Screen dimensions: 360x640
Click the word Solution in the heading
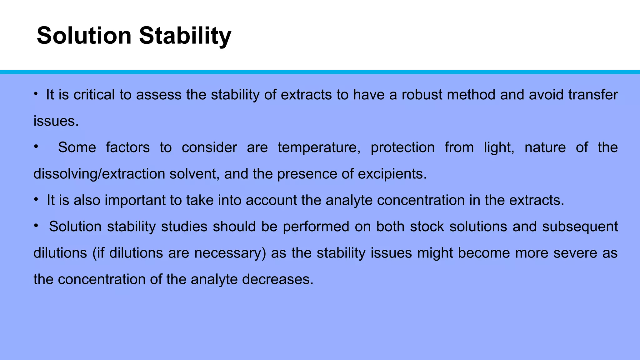84,36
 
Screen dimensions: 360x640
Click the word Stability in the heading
185,36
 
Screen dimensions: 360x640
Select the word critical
94,95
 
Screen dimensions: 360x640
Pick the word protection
402,147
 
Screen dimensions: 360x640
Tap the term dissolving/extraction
99,174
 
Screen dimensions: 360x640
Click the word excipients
392,174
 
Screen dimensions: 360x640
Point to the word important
135,200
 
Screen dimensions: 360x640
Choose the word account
271,200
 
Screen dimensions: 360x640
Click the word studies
184,227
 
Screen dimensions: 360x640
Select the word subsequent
580,227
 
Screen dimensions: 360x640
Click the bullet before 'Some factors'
36,146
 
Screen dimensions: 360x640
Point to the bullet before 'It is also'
36,199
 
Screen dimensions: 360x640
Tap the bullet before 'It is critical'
36,93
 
